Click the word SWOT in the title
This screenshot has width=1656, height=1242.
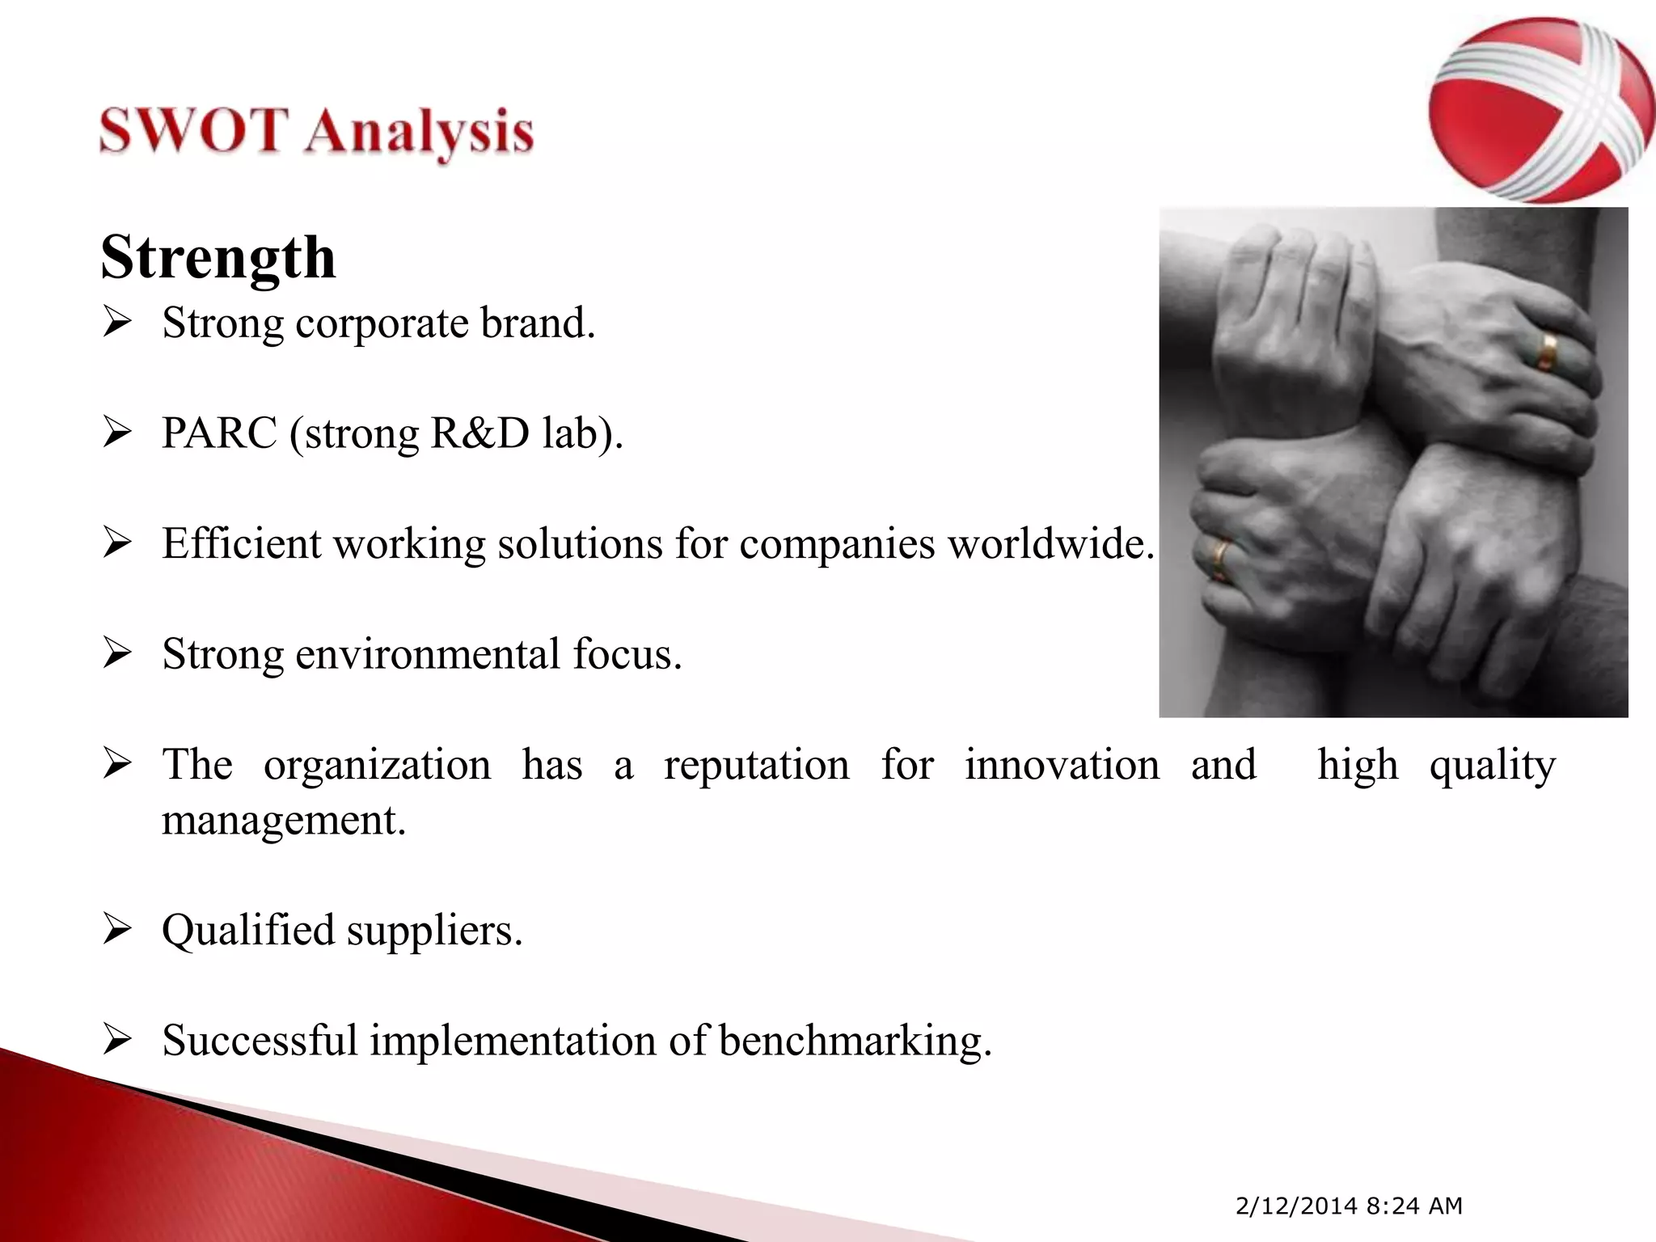[x=193, y=131]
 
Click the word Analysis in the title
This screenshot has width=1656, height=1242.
[x=419, y=134]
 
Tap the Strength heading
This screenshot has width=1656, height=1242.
[x=218, y=257]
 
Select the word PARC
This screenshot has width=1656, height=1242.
[x=219, y=433]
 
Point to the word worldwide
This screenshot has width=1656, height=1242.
[x=1050, y=543]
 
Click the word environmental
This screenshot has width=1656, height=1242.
[x=428, y=653]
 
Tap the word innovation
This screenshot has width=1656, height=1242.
[x=1062, y=764]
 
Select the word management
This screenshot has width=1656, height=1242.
[x=283, y=821]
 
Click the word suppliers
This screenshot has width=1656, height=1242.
[x=435, y=930]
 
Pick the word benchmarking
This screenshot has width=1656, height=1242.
[x=855, y=1041]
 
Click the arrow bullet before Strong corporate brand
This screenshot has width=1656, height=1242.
[x=117, y=323]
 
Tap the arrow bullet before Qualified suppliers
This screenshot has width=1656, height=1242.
[x=117, y=931]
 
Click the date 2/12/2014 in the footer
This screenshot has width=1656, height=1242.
[x=1296, y=1206]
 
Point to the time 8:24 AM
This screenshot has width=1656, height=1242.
[x=1414, y=1206]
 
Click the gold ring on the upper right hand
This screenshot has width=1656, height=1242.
[x=1548, y=350]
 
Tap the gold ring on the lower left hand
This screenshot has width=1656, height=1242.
[x=1219, y=560]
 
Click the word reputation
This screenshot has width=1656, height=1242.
[x=756, y=765]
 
